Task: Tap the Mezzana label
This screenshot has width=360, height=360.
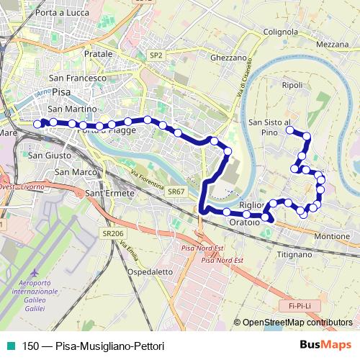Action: tap(333, 45)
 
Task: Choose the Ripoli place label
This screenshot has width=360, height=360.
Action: tap(293, 85)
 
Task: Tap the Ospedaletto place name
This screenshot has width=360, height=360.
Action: tap(150, 272)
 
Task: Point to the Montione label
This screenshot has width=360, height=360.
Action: tap(332, 236)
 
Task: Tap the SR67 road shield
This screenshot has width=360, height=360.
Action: tap(176, 192)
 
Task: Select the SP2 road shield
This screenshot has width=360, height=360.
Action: tap(156, 55)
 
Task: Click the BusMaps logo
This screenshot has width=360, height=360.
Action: tap(326, 345)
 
